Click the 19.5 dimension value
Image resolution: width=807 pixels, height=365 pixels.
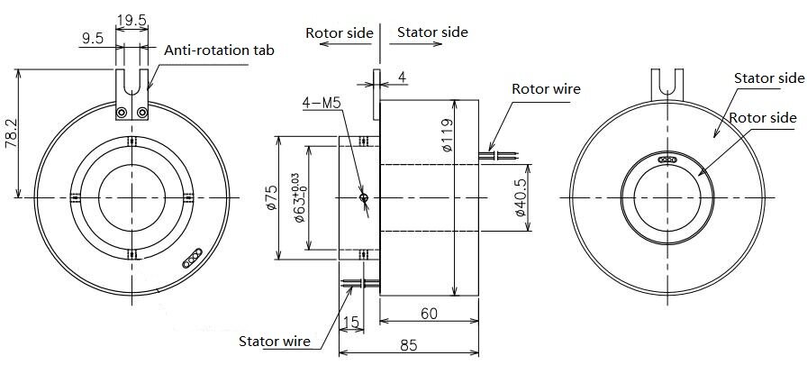pos(131,19)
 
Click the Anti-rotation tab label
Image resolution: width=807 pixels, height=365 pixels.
pos(218,50)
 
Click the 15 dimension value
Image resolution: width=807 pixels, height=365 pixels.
pos(351,322)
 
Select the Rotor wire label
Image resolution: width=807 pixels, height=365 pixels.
pos(546,89)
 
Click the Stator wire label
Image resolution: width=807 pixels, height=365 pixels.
pos(275,342)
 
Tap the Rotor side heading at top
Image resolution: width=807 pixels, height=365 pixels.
pos(339,32)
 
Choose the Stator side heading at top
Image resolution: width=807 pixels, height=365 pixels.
pos(432,32)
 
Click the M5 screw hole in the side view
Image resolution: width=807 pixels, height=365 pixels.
pos(363,197)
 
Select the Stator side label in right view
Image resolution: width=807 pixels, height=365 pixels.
pos(768,78)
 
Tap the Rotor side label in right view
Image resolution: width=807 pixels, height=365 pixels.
pos(762,118)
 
